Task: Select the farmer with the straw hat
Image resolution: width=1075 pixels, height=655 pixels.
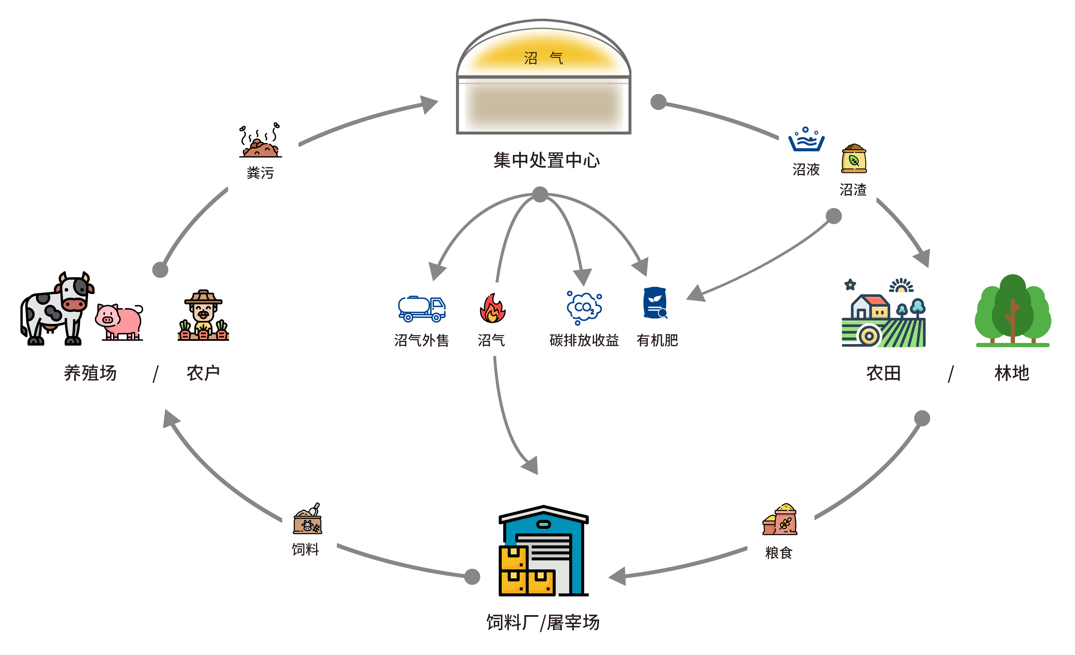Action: [x=203, y=315]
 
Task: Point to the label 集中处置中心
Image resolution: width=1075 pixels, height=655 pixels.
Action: [x=546, y=160]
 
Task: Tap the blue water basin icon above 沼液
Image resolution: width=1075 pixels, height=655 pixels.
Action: [x=806, y=140]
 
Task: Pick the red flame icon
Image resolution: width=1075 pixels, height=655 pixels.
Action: [x=492, y=308]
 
